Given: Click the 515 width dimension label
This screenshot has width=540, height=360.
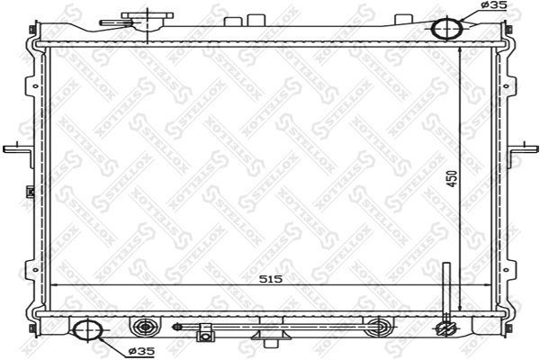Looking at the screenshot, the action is (271, 279).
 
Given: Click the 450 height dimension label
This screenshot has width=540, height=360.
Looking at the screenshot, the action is (453, 179).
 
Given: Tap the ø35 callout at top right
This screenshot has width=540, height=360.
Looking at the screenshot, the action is (493, 4).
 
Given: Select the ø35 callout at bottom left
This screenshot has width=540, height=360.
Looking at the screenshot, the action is (141, 351).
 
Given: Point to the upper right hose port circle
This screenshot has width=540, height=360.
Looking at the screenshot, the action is (446, 28).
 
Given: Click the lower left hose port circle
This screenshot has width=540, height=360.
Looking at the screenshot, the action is (88, 330).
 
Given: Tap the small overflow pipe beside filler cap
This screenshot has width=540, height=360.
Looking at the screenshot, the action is (115, 23).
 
